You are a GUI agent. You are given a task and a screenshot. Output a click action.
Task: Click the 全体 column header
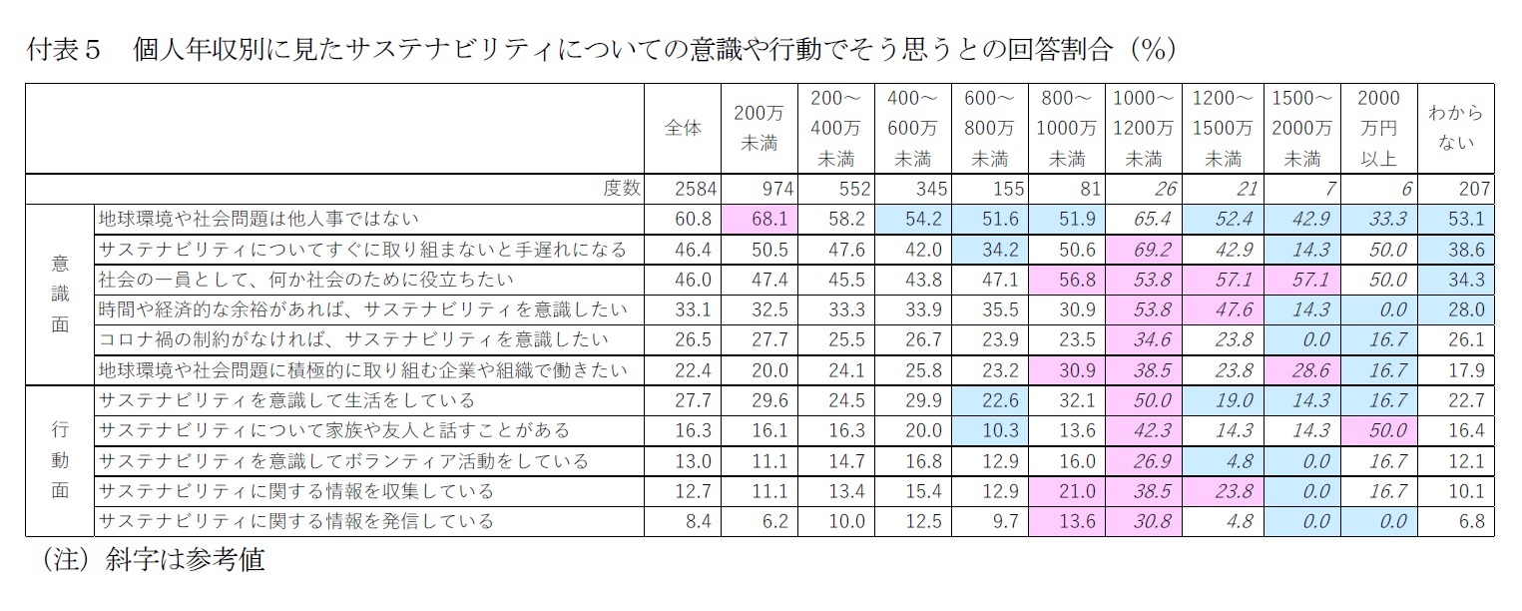683,128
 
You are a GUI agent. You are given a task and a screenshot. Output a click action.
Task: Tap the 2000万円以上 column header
1378,128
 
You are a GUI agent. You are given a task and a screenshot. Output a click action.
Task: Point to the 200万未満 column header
760,128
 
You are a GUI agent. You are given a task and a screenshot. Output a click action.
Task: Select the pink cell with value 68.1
760,218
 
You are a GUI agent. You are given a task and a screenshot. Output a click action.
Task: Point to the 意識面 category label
60,295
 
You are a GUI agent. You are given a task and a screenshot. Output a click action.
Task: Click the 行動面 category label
60,461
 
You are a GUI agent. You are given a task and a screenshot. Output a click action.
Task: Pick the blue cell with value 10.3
992,430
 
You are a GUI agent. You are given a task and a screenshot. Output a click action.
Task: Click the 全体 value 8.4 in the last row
691,521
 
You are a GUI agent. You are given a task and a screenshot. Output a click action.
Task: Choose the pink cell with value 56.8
1069,279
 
